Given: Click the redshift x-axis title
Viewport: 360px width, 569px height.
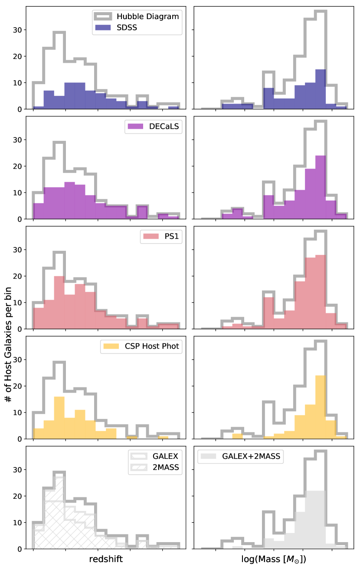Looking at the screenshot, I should [106, 559].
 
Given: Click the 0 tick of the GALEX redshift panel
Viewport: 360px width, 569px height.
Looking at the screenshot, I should [20, 549].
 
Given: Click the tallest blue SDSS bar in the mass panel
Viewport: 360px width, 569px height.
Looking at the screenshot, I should [321, 89].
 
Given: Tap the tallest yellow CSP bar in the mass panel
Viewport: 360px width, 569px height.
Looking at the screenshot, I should [321, 407].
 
